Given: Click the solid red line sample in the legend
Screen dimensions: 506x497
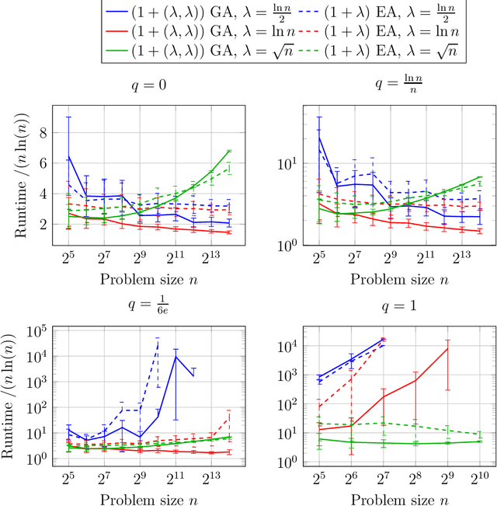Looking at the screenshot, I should (x=120, y=34).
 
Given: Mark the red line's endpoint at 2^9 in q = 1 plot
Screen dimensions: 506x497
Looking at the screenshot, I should (x=447, y=348).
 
